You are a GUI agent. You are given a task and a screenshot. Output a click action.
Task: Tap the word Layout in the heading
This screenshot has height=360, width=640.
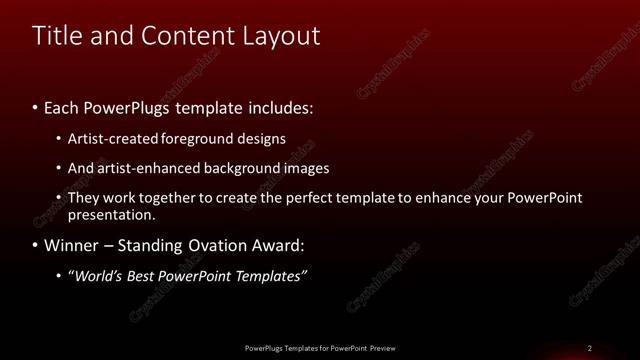pos(282,36)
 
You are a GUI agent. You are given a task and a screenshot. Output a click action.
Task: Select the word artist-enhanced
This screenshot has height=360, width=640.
pos(143,168)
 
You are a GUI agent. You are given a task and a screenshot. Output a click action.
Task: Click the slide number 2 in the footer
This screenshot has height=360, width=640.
pos(589,348)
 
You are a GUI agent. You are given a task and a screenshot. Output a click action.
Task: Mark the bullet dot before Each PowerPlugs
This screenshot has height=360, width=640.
pos(36,106)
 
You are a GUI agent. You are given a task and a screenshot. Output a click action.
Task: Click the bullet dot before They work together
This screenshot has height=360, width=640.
pos(59,198)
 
